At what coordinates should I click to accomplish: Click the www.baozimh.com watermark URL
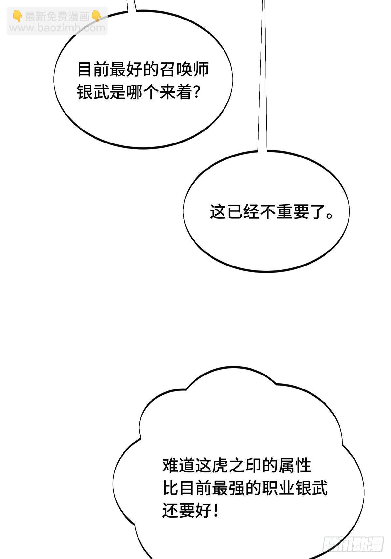tap(57, 28)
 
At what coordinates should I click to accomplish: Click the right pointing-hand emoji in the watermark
tap(96, 16)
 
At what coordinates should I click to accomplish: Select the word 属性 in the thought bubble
tap(295, 466)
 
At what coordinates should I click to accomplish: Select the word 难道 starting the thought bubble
tap(179, 466)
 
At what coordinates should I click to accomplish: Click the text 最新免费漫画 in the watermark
tap(57, 17)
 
